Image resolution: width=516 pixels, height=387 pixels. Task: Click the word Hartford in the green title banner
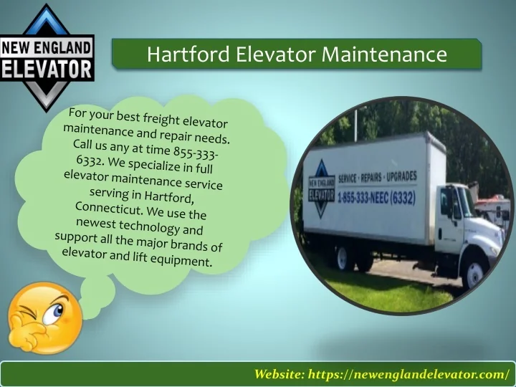point(188,54)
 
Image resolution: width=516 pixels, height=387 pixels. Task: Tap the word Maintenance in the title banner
point(384,54)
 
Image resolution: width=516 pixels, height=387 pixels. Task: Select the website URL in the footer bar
point(408,374)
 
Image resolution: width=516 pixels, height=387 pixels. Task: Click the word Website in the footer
point(279,374)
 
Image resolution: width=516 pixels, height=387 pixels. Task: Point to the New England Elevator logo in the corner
point(47,57)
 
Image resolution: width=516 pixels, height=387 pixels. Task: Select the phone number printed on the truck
point(376,199)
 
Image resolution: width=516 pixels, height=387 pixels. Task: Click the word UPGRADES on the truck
point(401,176)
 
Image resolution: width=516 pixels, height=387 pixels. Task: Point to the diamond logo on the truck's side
point(322,189)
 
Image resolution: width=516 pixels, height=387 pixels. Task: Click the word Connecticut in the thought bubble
point(108,208)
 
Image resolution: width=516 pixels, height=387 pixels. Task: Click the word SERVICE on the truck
point(348,178)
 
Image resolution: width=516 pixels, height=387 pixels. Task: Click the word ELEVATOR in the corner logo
point(47,70)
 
